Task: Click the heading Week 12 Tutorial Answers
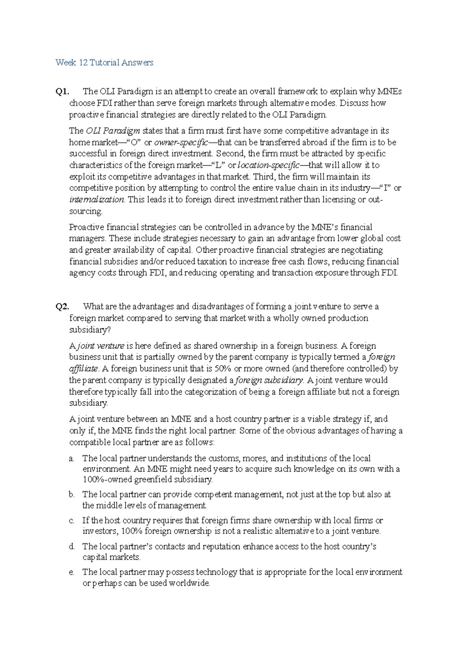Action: tap(104, 63)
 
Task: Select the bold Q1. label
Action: tap(62, 92)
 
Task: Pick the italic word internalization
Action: tap(97, 200)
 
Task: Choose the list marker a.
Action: tap(71, 459)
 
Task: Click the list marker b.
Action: tap(71, 495)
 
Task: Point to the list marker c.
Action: tap(71, 521)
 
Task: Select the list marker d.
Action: tap(71, 547)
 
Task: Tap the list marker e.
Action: tap(71, 572)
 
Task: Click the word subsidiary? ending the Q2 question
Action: tap(88, 330)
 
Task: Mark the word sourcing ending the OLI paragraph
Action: tap(85, 211)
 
